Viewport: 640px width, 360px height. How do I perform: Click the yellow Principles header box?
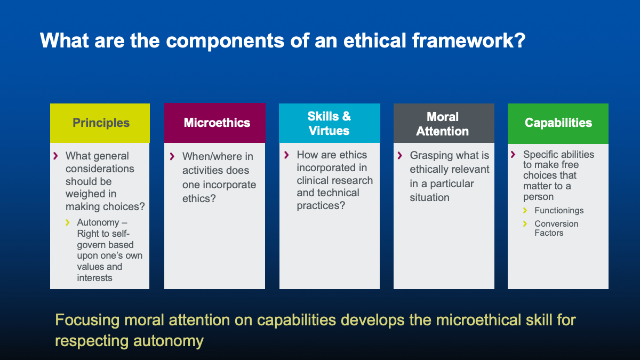(100, 123)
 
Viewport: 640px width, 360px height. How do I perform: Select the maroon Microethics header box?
(215, 123)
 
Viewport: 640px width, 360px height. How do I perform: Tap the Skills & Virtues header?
(330, 123)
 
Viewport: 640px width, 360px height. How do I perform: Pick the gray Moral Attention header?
(444, 123)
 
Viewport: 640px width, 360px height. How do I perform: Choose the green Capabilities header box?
(558, 123)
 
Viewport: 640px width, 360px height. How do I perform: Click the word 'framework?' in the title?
(469, 41)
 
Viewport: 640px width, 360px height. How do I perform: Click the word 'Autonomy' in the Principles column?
(98, 222)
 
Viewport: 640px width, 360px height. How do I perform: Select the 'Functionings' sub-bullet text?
(559, 211)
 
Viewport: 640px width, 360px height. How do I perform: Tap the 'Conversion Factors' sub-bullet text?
(556, 228)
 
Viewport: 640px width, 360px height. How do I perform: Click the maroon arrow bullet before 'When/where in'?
(172, 156)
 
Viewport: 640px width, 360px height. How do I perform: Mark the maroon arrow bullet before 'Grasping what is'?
(399, 155)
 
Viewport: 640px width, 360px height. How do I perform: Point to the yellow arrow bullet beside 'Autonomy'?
(67, 222)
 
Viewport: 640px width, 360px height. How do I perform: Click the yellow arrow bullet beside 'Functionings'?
(525, 210)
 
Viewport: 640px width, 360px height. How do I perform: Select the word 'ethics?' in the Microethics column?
(199, 198)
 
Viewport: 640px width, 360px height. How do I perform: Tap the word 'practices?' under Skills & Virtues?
(321, 206)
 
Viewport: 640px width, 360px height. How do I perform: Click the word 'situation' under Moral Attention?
(429, 197)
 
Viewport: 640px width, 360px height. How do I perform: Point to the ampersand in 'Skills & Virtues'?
(346, 116)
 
